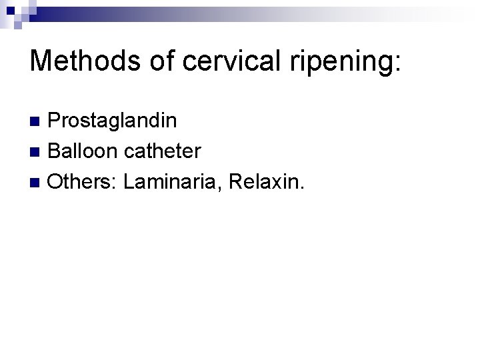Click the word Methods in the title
(83, 61)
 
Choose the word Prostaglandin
(113, 121)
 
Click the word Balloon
(83, 151)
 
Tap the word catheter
(161, 151)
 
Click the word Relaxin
(263, 181)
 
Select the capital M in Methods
(41, 61)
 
